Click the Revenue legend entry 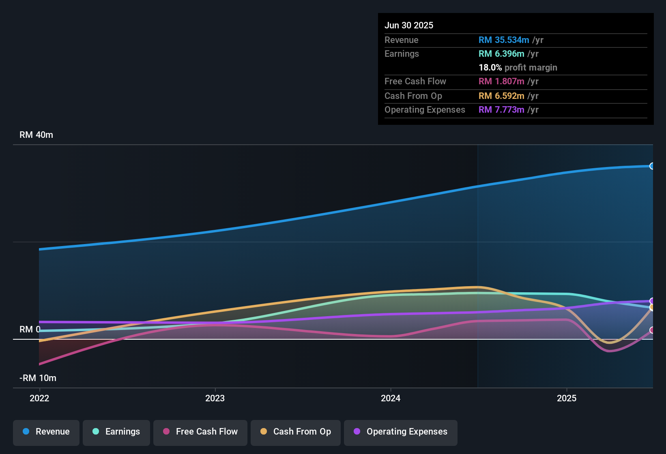[x=46, y=432]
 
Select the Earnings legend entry [x=116, y=432]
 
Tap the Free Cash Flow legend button [x=200, y=432]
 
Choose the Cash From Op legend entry [x=296, y=432]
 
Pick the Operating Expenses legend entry [x=401, y=432]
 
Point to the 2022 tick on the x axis [x=39, y=398]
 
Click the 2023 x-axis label [x=215, y=398]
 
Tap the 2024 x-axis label [x=391, y=398]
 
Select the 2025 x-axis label [x=567, y=398]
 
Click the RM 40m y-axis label [x=36, y=135]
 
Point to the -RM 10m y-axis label [x=38, y=378]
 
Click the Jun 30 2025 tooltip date [x=409, y=26]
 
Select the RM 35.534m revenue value [x=504, y=40]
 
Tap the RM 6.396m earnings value [x=501, y=54]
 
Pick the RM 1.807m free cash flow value [x=501, y=81]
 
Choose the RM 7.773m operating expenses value [x=501, y=110]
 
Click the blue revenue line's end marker [x=652, y=166]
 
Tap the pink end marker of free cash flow [x=652, y=330]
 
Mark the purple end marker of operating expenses [x=652, y=301]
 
